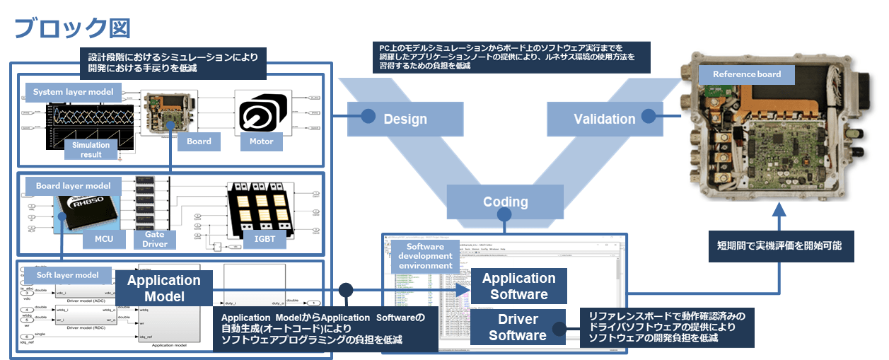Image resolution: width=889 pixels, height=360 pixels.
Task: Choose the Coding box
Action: pos(505,202)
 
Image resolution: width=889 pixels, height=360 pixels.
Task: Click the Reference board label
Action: pos(746,74)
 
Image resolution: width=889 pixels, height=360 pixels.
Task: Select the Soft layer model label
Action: pos(68,274)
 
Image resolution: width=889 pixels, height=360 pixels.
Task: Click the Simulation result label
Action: pos(91,149)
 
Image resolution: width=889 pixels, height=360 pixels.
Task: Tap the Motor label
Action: pos(260,141)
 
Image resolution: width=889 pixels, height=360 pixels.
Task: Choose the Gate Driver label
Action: pos(155,239)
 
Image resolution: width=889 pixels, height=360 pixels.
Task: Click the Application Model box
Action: pos(163,288)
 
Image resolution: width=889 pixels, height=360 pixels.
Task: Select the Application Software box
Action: pos(519,286)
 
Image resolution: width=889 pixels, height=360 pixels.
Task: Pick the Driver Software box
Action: pos(518,327)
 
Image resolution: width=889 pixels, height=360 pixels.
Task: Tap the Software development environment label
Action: pos(425,255)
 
